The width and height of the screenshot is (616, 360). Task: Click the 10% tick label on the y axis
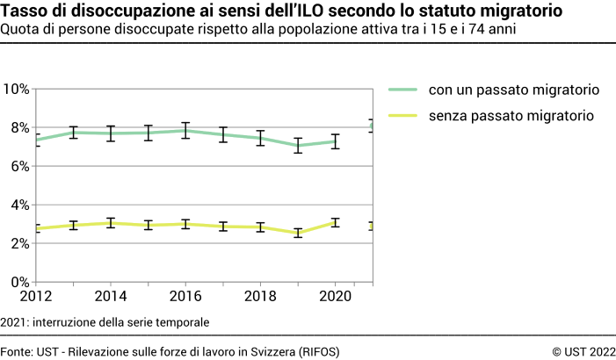click(16, 89)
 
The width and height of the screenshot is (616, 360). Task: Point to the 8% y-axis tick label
click(19, 127)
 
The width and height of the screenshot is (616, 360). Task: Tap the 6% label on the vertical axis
click(19, 166)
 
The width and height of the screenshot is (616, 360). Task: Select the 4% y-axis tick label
click(19, 205)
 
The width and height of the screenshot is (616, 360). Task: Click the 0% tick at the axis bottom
click(19, 282)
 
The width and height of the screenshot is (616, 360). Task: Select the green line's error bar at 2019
click(298, 145)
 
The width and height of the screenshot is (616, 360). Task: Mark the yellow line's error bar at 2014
click(111, 223)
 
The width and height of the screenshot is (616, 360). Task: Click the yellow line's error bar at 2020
click(335, 223)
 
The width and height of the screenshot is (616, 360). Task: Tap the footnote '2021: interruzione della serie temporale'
click(105, 321)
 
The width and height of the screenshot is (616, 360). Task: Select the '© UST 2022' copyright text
click(583, 351)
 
